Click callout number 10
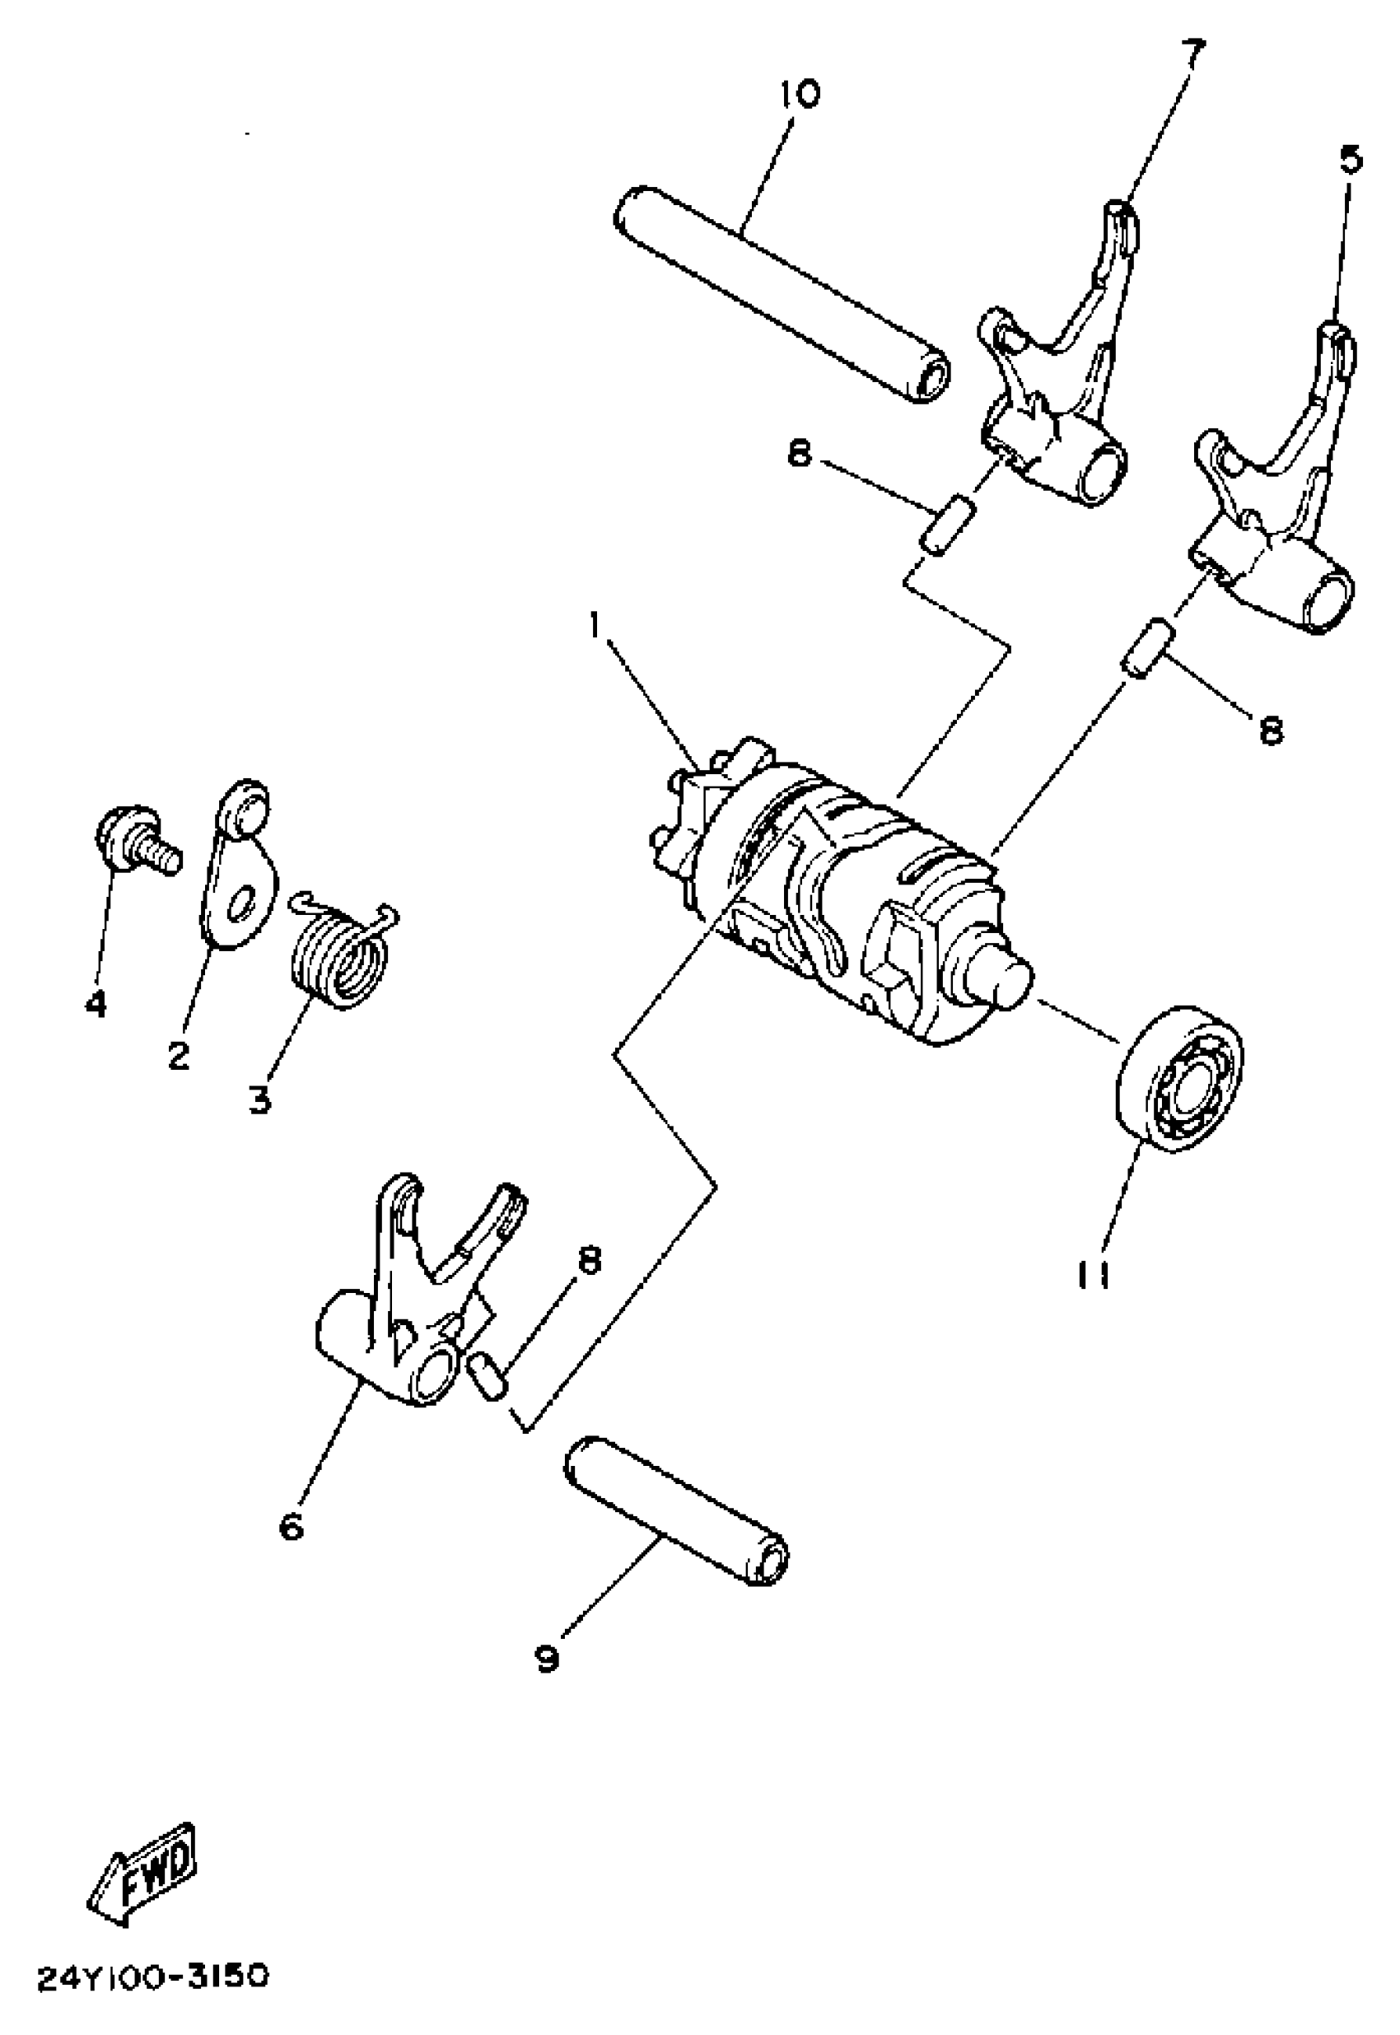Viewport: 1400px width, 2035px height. [x=798, y=94]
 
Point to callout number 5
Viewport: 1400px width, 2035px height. [x=1351, y=161]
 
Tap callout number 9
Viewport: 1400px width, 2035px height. [x=547, y=1658]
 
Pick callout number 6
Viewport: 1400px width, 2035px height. [x=292, y=1527]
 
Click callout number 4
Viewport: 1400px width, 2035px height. [x=96, y=1002]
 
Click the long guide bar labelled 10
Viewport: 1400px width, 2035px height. [x=781, y=294]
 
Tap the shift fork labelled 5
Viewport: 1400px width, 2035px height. [x=1281, y=517]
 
